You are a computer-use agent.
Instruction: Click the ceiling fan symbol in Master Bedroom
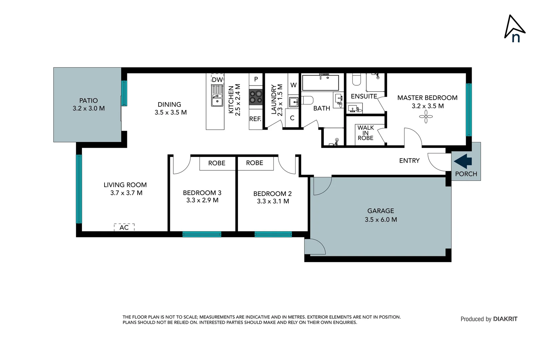(x=426, y=117)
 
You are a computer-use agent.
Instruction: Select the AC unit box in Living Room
(x=124, y=227)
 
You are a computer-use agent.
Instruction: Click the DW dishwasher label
(x=217, y=80)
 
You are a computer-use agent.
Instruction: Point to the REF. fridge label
(x=255, y=119)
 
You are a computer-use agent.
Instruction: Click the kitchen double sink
(x=217, y=96)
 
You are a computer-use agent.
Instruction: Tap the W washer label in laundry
(x=293, y=85)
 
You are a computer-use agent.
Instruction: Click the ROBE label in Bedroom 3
(x=217, y=163)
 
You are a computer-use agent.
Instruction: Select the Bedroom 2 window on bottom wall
(x=273, y=234)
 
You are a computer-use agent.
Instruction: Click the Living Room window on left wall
(x=79, y=189)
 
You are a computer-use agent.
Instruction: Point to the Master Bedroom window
(x=469, y=110)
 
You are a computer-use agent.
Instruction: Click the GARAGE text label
(x=380, y=211)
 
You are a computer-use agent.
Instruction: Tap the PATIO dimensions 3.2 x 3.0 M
(x=89, y=108)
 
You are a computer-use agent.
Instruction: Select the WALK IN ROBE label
(x=365, y=133)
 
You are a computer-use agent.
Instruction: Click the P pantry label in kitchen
(x=256, y=79)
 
